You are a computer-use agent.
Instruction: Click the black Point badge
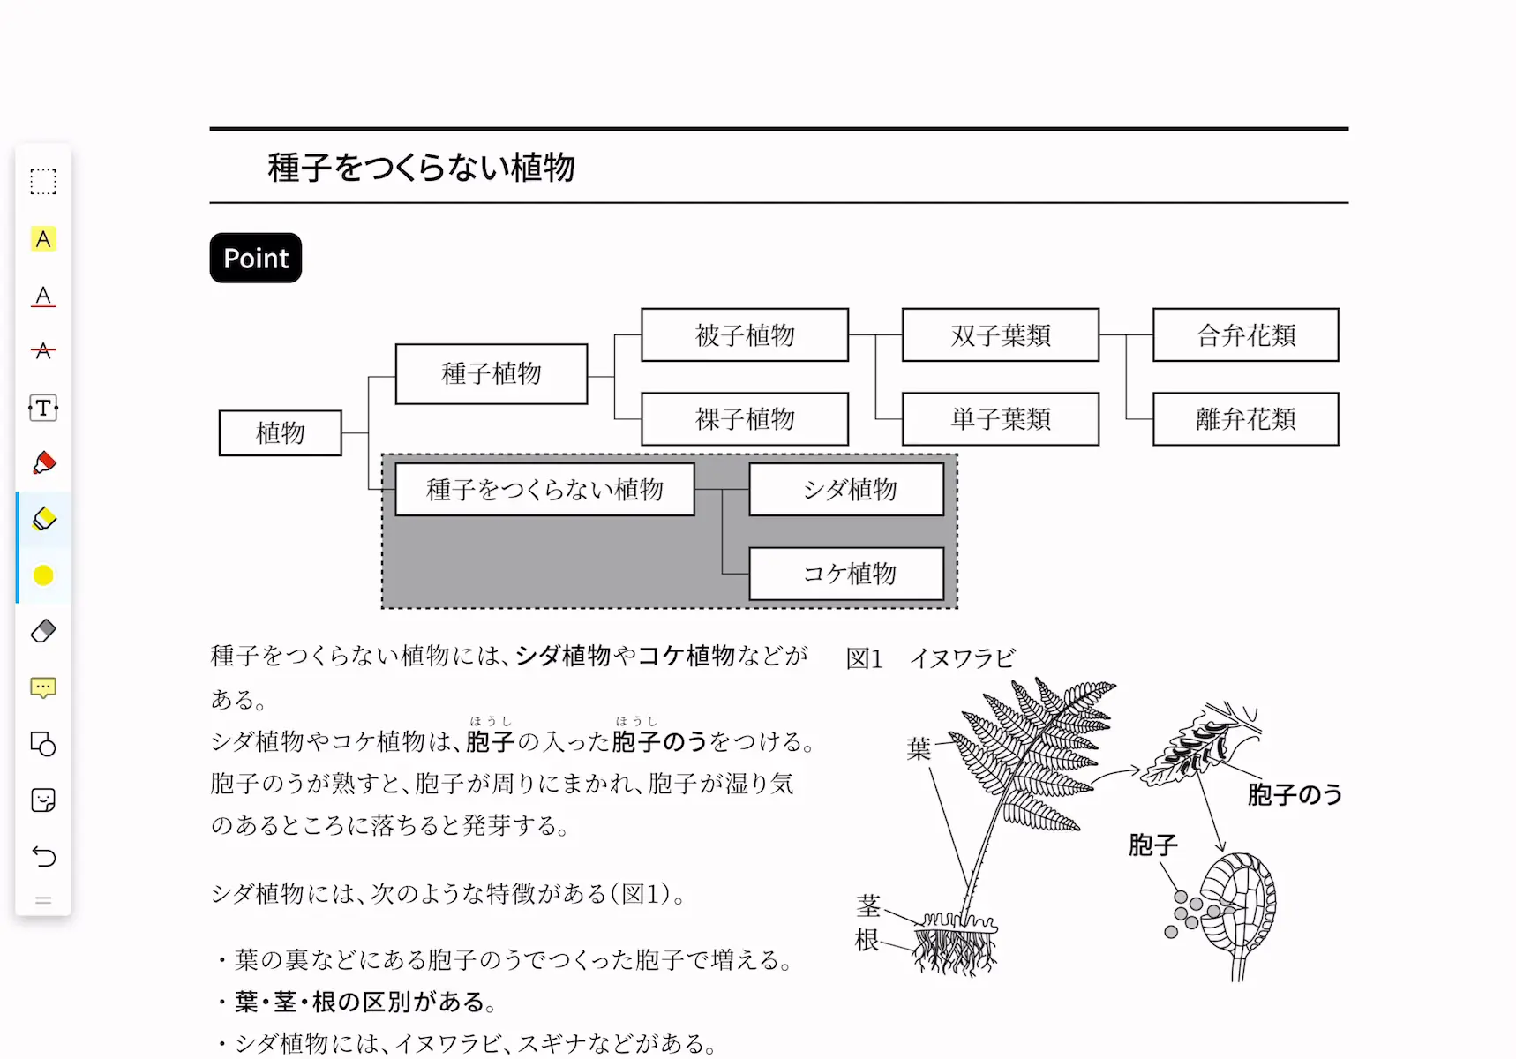pyautogui.click(x=256, y=258)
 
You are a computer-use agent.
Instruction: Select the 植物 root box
pyautogui.click(x=281, y=432)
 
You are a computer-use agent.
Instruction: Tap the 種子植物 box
pyautogui.click(x=492, y=373)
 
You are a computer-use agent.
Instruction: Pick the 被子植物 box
pyautogui.click(x=745, y=334)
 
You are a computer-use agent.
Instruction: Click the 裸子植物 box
pyautogui.click(x=745, y=418)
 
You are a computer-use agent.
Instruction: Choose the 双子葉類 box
pyautogui.click(x=1001, y=334)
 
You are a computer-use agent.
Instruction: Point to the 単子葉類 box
pyautogui.click(x=1001, y=418)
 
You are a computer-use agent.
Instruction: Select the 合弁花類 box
pyautogui.click(x=1246, y=334)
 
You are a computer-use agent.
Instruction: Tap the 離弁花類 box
pyautogui.click(x=1246, y=418)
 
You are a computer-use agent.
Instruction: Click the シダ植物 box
pyautogui.click(x=847, y=489)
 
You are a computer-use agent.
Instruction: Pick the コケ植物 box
pyautogui.click(x=847, y=574)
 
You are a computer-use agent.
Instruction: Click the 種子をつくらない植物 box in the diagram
pyautogui.click(x=544, y=489)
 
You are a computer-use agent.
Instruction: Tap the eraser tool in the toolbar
pyautogui.click(x=43, y=631)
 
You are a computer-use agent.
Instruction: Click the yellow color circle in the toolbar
pyautogui.click(x=43, y=575)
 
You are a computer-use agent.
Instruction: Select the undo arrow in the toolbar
pyautogui.click(x=43, y=856)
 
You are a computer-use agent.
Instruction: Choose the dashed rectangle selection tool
pyautogui.click(x=43, y=182)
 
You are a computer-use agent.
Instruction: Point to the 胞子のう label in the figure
pyautogui.click(x=1295, y=794)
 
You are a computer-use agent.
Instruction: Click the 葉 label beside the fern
pyautogui.click(x=919, y=748)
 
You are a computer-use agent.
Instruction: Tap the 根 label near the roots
pyautogui.click(x=868, y=941)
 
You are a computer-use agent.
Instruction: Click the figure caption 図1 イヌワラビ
pyautogui.click(x=931, y=658)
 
